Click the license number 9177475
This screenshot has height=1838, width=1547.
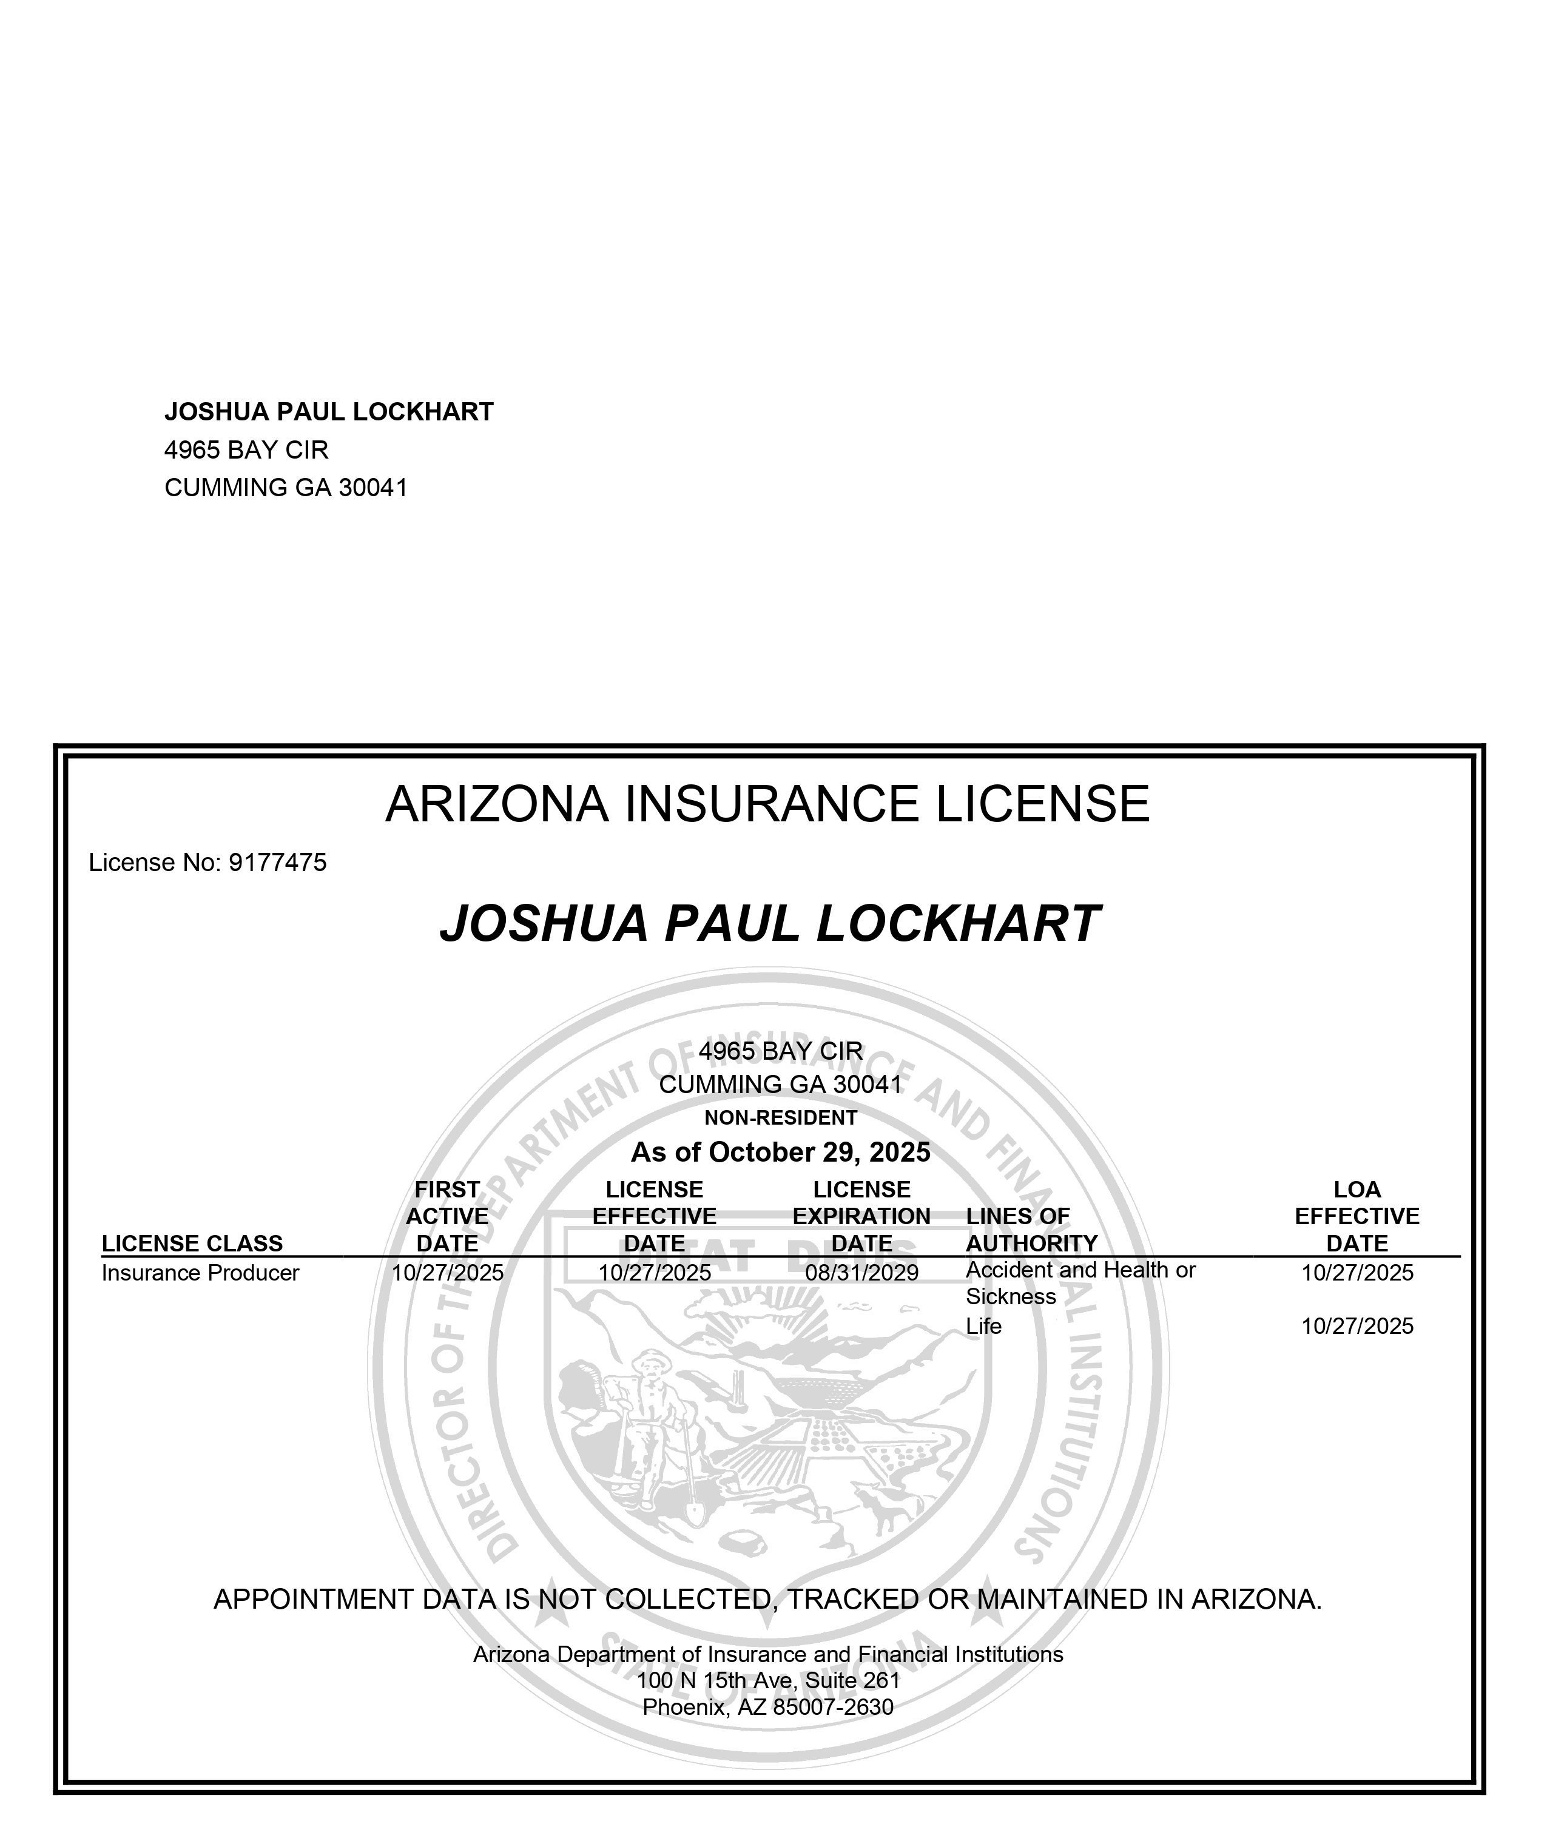pyautogui.click(x=277, y=863)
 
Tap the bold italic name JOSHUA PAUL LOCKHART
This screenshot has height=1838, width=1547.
pyautogui.click(x=770, y=924)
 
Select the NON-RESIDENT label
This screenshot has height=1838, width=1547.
pyautogui.click(x=781, y=1118)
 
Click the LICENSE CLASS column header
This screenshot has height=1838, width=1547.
pyautogui.click(x=192, y=1244)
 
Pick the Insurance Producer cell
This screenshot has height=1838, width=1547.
pyautogui.click(x=200, y=1273)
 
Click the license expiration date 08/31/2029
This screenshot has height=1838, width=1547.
pyautogui.click(x=861, y=1273)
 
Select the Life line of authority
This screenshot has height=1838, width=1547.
pyautogui.click(x=983, y=1326)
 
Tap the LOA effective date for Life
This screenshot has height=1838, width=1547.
pyautogui.click(x=1357, y=1326)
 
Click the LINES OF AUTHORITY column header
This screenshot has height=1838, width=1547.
pyautogui.click(x=1031, y=1230)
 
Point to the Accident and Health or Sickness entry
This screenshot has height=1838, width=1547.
pyautogui.click(x=1080, y=1283)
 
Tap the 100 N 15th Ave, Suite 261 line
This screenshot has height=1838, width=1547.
pyautogui.click(x=768, y=1680)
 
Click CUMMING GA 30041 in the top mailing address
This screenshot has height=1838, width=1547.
pyautogui.click(x=286, y=488)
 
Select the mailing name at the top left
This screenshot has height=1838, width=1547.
pyautogui.click(x=329, y=411)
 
